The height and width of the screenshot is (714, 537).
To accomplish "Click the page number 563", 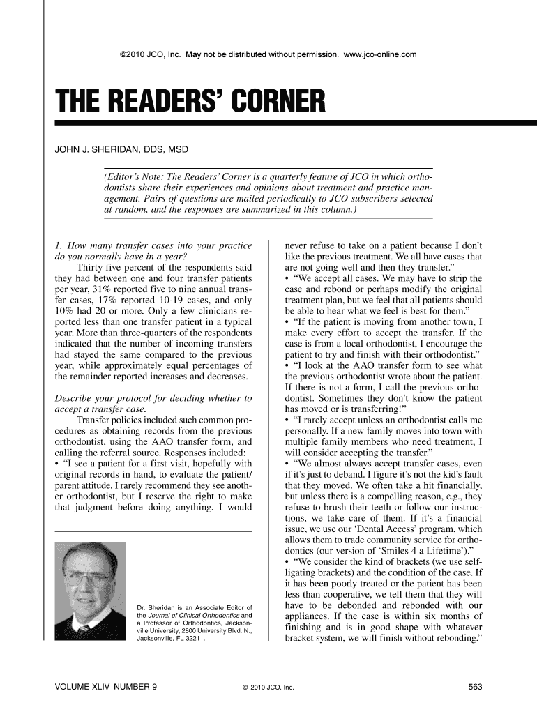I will tap(476, 688).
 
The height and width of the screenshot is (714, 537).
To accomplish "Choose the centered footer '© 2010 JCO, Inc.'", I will tap(268, 688).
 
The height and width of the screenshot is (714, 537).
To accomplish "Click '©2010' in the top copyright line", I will tap(133, 54).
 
